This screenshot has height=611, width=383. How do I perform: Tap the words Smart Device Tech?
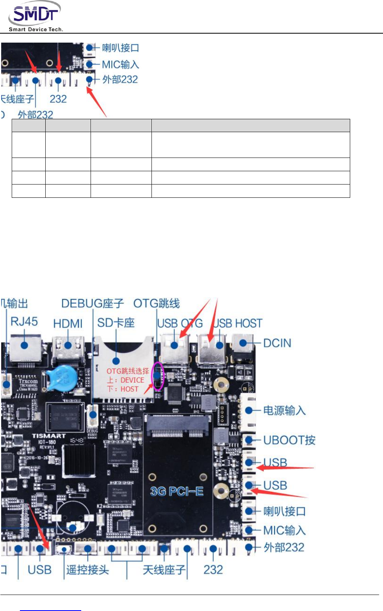36,29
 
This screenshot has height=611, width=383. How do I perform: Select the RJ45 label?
24,322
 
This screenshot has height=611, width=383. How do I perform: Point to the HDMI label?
68,324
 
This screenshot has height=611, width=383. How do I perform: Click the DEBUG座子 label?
93,304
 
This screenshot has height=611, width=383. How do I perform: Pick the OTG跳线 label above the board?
157,303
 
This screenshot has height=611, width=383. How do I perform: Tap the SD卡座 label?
116,323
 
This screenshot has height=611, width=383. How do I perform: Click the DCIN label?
277,343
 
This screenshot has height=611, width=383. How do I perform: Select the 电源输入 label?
284,410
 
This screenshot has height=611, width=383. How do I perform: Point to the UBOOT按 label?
289,440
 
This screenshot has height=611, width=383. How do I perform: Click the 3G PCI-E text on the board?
177,491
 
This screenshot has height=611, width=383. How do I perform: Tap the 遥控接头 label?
87,570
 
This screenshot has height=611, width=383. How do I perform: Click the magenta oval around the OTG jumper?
158,376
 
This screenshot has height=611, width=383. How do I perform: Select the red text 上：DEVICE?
126,380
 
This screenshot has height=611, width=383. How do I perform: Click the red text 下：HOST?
123,389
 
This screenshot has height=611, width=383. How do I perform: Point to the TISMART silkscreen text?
49,436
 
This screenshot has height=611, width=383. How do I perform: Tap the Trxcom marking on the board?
28,381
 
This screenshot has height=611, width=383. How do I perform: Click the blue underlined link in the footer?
50,610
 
